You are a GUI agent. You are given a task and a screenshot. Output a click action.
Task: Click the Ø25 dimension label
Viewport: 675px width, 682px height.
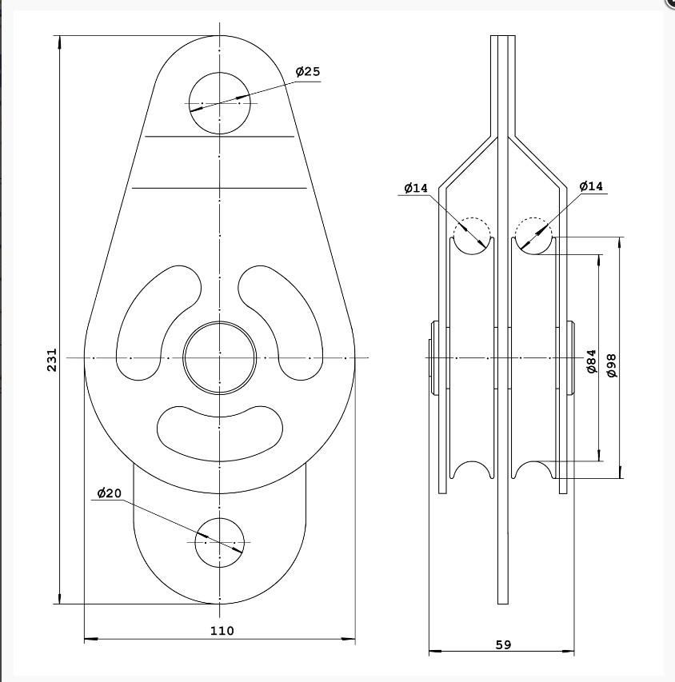point(308,71)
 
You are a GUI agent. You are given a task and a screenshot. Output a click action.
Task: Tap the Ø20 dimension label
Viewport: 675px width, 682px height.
point(110,493)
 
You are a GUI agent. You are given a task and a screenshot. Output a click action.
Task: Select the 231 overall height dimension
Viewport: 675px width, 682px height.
point(52,359)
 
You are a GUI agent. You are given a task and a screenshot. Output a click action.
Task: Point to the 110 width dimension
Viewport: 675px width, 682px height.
point(222,630)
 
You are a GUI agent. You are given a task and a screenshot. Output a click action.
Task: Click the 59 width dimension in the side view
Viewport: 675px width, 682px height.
point(503,644)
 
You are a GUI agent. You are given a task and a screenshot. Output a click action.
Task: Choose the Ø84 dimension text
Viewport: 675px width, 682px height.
point(592,361)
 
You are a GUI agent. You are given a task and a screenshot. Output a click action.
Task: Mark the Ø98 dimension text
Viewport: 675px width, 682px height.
point(612,365)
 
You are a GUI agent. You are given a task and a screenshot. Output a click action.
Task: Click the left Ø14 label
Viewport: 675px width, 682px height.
point(416,188)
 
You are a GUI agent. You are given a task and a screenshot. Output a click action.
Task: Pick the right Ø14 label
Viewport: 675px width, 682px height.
point(591,186)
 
